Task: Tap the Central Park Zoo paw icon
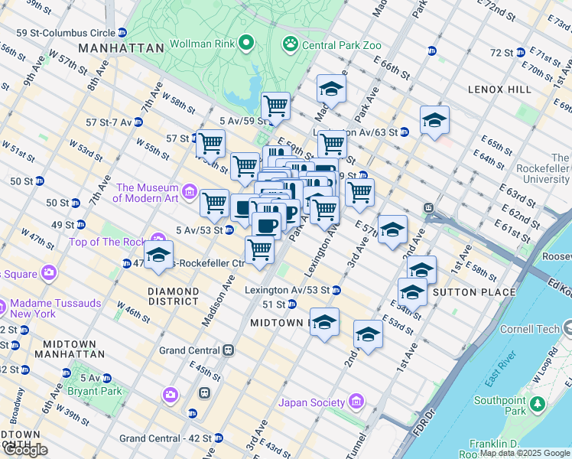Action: tap(290, 45)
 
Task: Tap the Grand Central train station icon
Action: tap(228, 350)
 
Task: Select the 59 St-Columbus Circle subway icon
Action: tap(122, 33)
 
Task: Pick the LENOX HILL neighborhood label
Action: tap(499, 90)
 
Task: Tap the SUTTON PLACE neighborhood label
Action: tap(465, 292)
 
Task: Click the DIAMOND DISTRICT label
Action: tap(173, 297)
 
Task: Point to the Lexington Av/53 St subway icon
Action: tap(336, 291)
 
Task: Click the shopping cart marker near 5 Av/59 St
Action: tap(275, 106)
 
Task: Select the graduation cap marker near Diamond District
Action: tap(158, 256)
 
